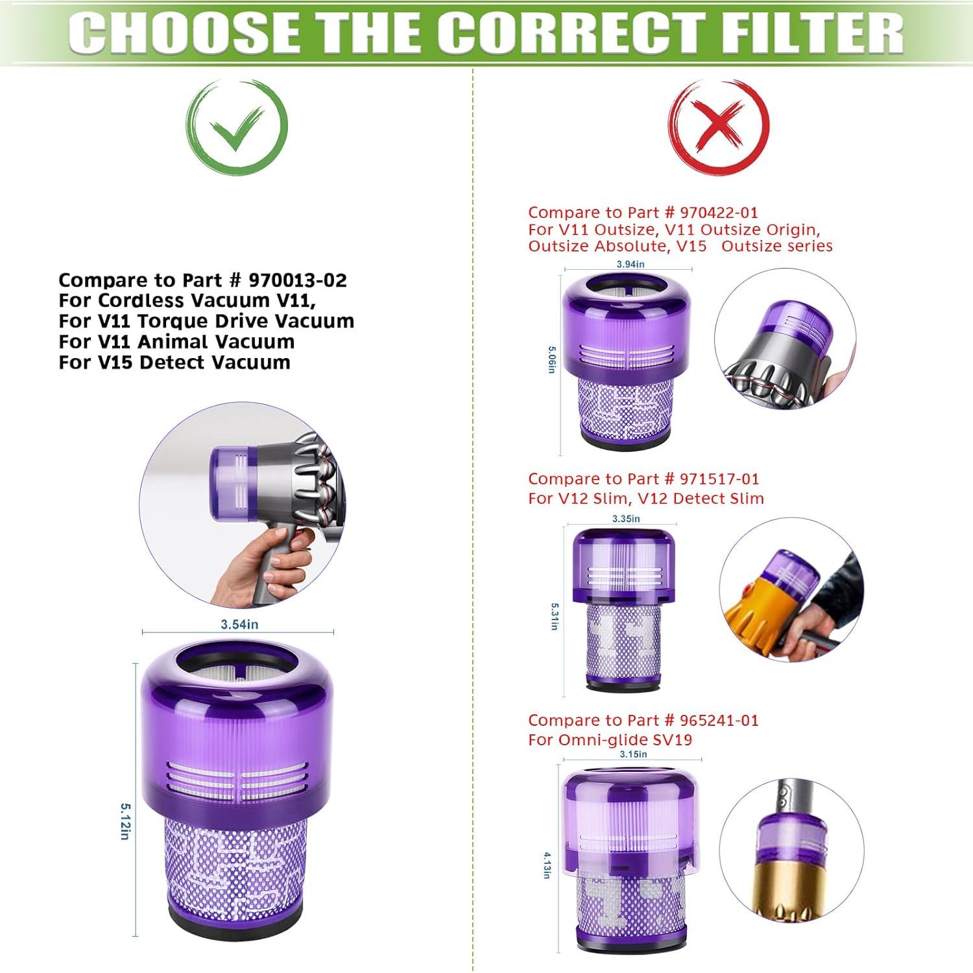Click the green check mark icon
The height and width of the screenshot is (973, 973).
point(237,126)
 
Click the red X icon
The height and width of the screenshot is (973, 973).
point(719,126)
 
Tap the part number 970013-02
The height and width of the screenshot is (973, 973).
point(298,280)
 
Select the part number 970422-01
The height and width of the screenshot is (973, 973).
point(719,212)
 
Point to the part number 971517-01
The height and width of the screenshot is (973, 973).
point(719,479)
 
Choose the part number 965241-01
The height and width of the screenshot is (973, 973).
point(719,720)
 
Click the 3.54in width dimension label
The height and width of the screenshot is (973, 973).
point(239,624)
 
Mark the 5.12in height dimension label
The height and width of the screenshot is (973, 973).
point(125,821)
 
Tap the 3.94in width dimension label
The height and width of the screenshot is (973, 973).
point(630,264)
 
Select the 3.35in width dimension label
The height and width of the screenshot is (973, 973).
point(626,518)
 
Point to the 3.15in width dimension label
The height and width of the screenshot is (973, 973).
point(633,754)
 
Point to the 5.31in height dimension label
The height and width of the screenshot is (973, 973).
point(555,616)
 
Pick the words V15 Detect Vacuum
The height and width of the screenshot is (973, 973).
point(194,362)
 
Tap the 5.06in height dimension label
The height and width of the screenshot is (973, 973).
point(551,359)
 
